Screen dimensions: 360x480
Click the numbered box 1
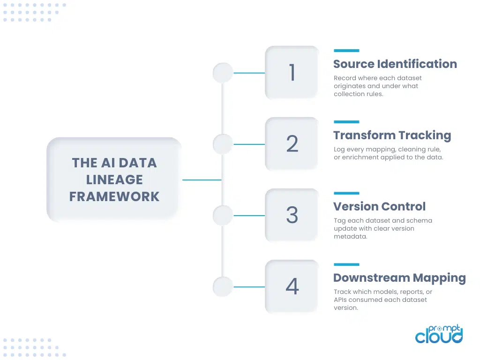point(292,73)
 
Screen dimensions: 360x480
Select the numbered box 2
point(292,144)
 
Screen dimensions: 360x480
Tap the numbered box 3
point(292,215)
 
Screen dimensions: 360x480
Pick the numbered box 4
point(292,286)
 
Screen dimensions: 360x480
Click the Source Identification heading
point(395,64)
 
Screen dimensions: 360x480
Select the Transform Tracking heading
point(392,135)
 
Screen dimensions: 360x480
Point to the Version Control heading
point(379,207)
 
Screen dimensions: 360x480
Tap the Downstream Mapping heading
point(399,278)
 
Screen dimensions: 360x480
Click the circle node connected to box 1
point(223,73)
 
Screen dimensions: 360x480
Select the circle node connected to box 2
point(223,144)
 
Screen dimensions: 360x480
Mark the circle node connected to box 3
point(223,216)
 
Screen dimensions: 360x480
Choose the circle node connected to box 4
point(223,287)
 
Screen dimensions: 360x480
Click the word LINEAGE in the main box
point(114,180)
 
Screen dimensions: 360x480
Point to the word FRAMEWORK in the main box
point(114,196)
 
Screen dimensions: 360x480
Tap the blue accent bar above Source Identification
point(346,50)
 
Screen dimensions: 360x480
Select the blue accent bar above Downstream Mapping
point(346,264)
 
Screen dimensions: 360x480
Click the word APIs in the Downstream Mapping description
point(341,300)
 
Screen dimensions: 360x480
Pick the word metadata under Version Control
point(350,237)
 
